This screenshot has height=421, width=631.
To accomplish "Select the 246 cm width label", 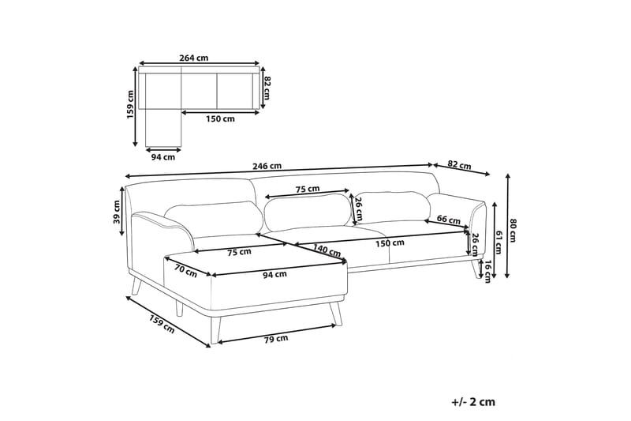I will coord(267,167).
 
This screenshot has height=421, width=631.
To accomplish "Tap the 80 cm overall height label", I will coord(513,230).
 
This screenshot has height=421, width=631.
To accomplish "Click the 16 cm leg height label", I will coord(488,270).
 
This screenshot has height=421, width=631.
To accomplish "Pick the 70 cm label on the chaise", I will coord(185,271).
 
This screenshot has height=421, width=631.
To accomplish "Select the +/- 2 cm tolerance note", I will coord(473,401).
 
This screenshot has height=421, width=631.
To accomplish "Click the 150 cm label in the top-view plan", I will coord(220,119).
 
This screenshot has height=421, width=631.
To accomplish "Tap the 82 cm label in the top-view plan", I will coord(267,87).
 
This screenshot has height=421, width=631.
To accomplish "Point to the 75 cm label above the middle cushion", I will coord(308,189).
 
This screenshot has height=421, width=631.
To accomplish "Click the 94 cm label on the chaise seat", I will coord(274,274).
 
